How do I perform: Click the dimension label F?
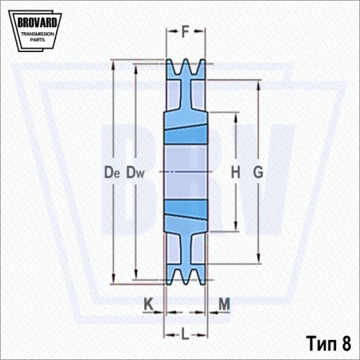coord(186,31)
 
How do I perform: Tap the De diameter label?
coord(112,172)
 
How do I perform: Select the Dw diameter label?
coord(135,172)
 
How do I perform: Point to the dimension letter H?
coord(235,172)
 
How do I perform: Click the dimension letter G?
coord(258,172)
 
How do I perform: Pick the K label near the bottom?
coord(149,304)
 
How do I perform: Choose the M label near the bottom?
coord(224,304)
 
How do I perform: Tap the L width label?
coord(185,334)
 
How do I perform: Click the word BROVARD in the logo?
coord(37,22)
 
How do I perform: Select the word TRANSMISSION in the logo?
coord(38,34)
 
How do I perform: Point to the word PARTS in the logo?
coord(38,40)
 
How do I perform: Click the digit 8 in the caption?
coord(346,343)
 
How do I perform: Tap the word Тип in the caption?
coord(322,343)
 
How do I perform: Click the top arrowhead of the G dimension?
coord(258,85)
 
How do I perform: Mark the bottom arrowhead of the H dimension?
coord(236,226)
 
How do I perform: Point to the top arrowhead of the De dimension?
coord(114,65)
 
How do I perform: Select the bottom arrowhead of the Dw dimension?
coord(136,274)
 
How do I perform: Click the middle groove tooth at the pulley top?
coord(186,66)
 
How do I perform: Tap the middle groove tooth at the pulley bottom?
coord(186,277)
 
